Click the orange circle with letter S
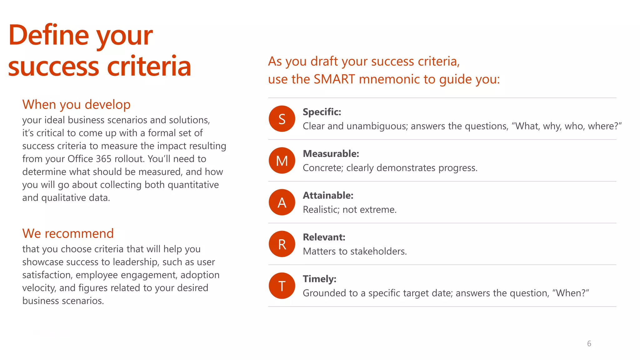[282, 119]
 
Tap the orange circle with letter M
[282, 161]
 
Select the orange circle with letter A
[282, 202]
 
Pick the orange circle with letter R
[282, 244]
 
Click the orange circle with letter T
[282, 286]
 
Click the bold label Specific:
[322, 112]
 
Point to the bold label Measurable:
[331, 154]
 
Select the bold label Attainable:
[328, 195]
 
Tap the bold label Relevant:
[324, 237]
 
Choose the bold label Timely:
[319, 279]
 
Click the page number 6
[589, 344]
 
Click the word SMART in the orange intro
[334, 79]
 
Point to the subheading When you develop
[76, 105]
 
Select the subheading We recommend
[68, 234]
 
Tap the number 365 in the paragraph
[103, 159]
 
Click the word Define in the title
[48, 35]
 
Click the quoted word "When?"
[571, 293]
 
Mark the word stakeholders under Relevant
[378, 252]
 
